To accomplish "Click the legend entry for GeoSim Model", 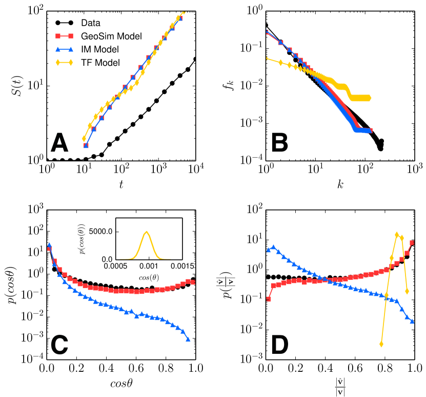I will click(x=111, y=36).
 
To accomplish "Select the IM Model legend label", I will click(x=103, y=50).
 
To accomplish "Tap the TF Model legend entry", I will click(x=103, y=63).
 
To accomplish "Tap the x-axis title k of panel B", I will click(x=340, y=183).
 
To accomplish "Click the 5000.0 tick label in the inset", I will click(x=103, y=232).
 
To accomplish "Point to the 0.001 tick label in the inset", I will click(x=149, y=267).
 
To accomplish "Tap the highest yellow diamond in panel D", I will click(x=396, y=235).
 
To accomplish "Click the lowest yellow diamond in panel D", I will click(x=381, y=344).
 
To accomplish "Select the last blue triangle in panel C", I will click(x=188, y=339).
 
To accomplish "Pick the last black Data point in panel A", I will click(x=195, y=59).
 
